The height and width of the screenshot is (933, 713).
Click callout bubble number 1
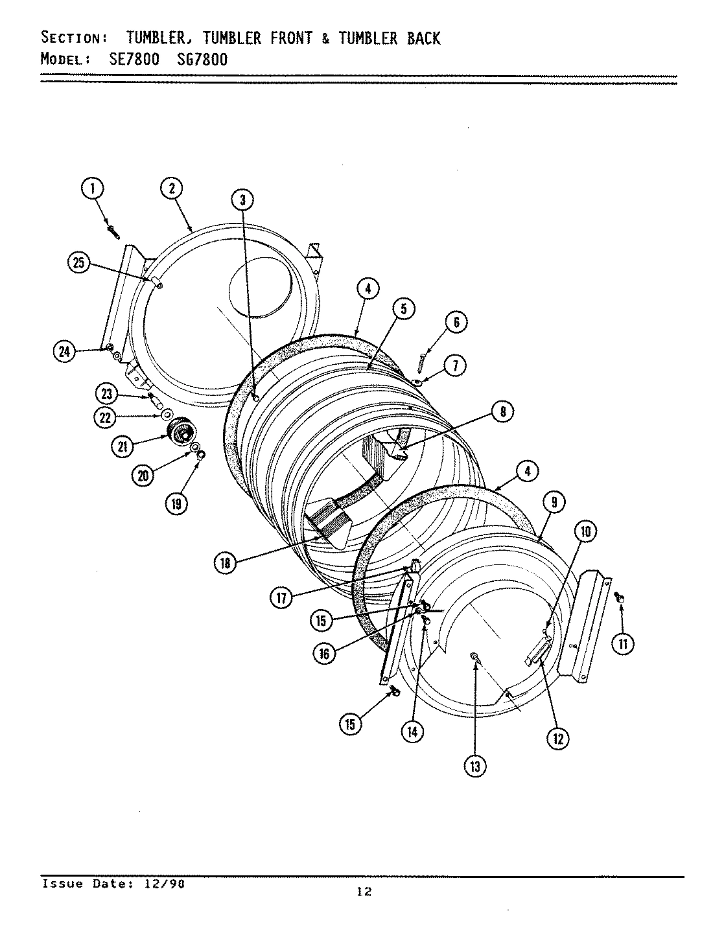(93, 189)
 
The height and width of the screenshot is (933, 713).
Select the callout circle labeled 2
(171, 189)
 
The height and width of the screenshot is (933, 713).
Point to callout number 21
(122, 446)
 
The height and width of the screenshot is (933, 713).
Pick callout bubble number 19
(176, 503)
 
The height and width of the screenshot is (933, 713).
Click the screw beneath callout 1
(113, 230)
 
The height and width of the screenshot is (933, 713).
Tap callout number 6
(456, 322)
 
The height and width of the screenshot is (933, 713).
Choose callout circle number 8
(502, 411)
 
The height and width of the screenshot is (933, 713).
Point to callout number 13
(474, 766)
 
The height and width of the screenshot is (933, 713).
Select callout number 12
(558, 738)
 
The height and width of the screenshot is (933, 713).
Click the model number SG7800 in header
(202, 60)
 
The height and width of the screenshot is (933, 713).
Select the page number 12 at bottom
(364, 892)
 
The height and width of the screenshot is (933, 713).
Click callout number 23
(106, 393)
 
